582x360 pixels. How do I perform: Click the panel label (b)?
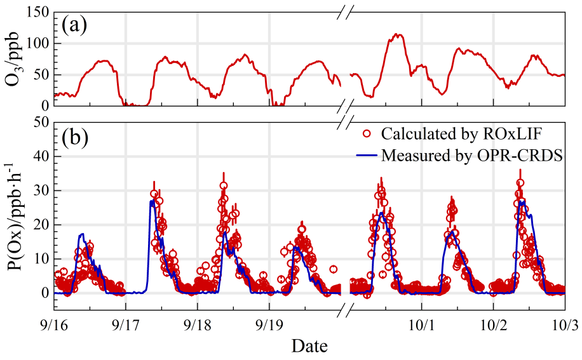[74, 137]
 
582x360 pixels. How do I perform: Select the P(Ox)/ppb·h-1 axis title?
[14, 215]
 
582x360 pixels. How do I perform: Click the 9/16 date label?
[54, 324]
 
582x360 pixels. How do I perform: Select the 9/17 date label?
[126, 324]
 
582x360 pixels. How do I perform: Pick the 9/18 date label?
[198, 324]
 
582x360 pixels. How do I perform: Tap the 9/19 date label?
[269, 324]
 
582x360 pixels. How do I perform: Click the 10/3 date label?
[564, 324]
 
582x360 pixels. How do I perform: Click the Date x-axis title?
[309, 346]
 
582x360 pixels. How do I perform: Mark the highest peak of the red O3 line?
[398, 34]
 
